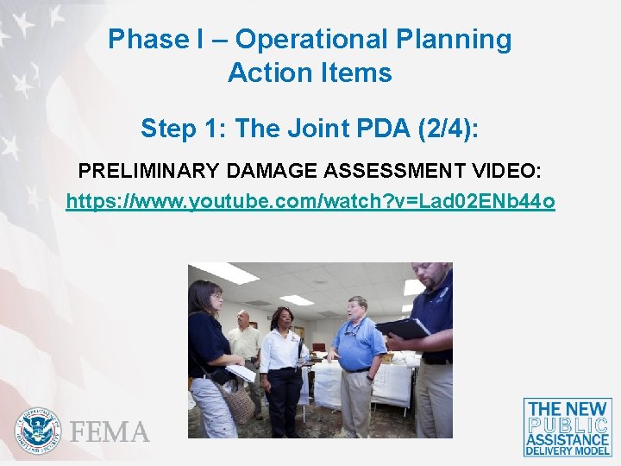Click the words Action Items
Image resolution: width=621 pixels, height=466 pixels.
point(310,73)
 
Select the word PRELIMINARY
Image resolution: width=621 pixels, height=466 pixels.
point(144,171)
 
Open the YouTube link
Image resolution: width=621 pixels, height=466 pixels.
point(310,202)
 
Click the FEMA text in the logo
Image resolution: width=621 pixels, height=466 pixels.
point(110,431)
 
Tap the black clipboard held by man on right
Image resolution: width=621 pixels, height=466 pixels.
point(402,329)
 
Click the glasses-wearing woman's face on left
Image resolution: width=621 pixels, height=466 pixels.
point(211,298)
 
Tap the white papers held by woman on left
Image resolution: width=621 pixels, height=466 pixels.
point(241,372)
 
